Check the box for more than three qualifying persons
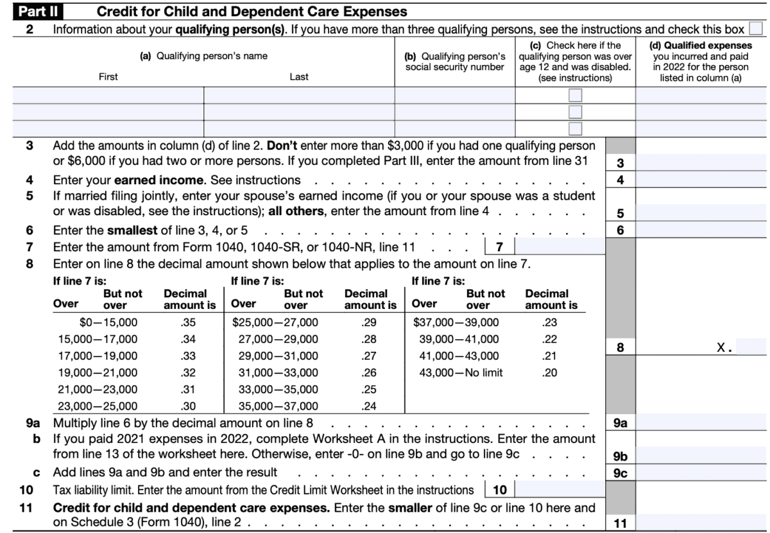point(757,30)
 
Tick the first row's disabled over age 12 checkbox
point(576,95)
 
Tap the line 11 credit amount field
point(703,523)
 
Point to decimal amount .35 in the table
point(189,322)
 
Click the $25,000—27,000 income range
point(275,322)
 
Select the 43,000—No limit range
point(458,372)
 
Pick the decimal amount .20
point(549,372)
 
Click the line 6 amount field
point(703,230)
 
